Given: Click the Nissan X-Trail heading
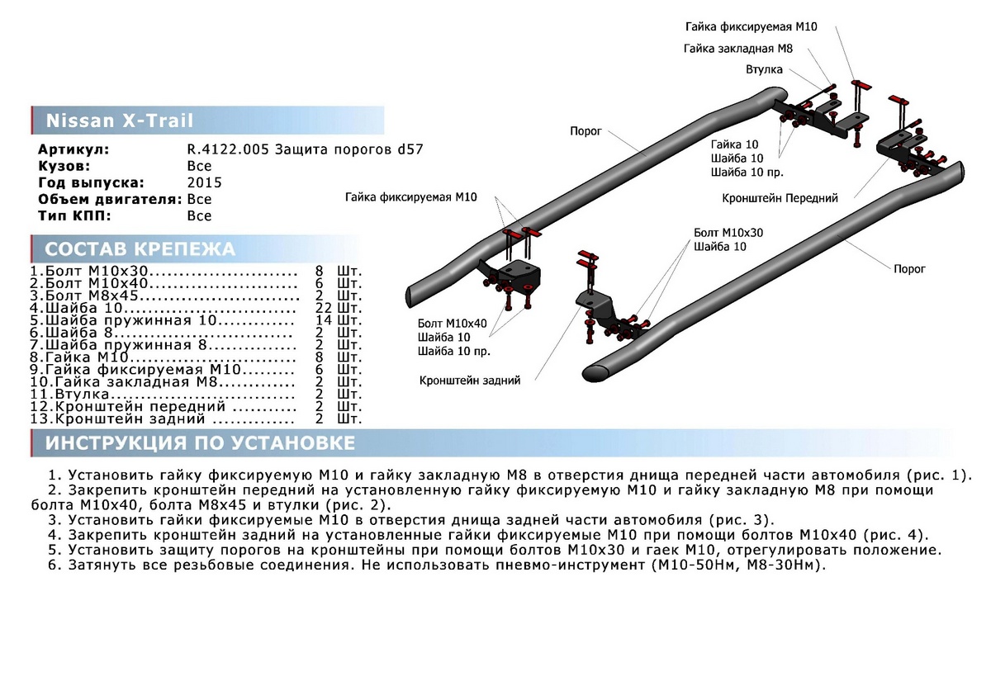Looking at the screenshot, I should (119, 121).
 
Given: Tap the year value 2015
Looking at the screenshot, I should (204, 182).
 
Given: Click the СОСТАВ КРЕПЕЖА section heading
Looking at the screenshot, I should (140, 249).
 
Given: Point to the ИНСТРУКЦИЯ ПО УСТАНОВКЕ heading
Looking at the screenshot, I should (201, 443).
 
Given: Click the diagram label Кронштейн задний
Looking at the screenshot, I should (470, 381).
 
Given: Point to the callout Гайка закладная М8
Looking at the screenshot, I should (737, 49).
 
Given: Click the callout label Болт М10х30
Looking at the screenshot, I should (728, 233).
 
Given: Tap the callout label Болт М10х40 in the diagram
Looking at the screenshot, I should (452, 323).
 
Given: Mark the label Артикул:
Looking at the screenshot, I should (73, 149).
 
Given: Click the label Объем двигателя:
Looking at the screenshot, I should (110, 199).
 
